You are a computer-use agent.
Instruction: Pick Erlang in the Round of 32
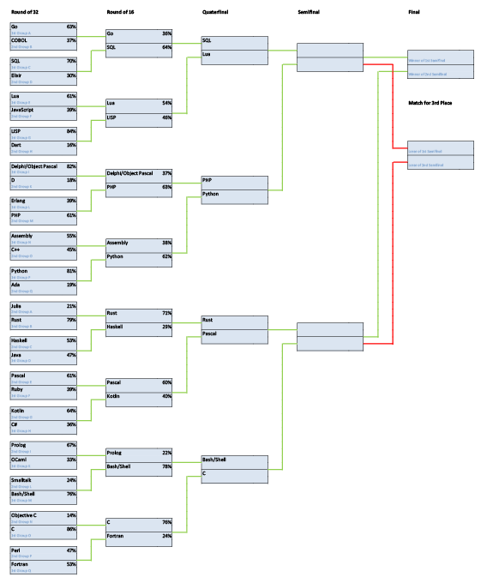[19, 201]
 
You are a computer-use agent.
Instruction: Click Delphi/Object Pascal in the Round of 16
[129, 172]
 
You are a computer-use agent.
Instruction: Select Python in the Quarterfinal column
[211, 194]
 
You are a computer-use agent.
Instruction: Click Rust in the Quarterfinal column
[207, 320]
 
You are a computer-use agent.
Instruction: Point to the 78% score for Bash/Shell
[166, 466]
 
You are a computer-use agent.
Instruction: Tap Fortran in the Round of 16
[116, 535]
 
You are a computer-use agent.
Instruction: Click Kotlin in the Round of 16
[113, 396]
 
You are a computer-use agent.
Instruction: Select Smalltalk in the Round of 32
[22, 480]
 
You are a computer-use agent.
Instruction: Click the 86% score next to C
[71, 528]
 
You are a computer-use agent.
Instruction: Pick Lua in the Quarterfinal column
[207, 54]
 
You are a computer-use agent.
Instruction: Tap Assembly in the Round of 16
[118, 243]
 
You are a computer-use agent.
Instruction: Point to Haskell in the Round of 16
[116, 326]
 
